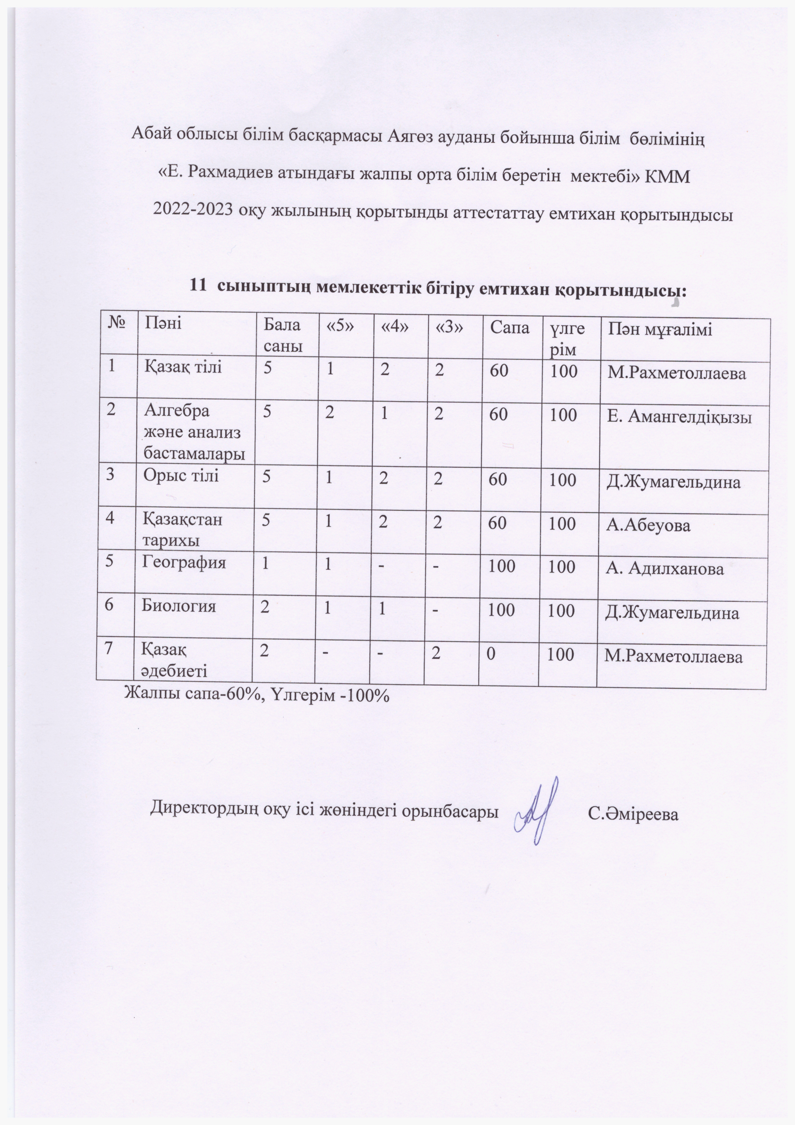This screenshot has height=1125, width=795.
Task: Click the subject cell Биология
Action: (x=179, y=606)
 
